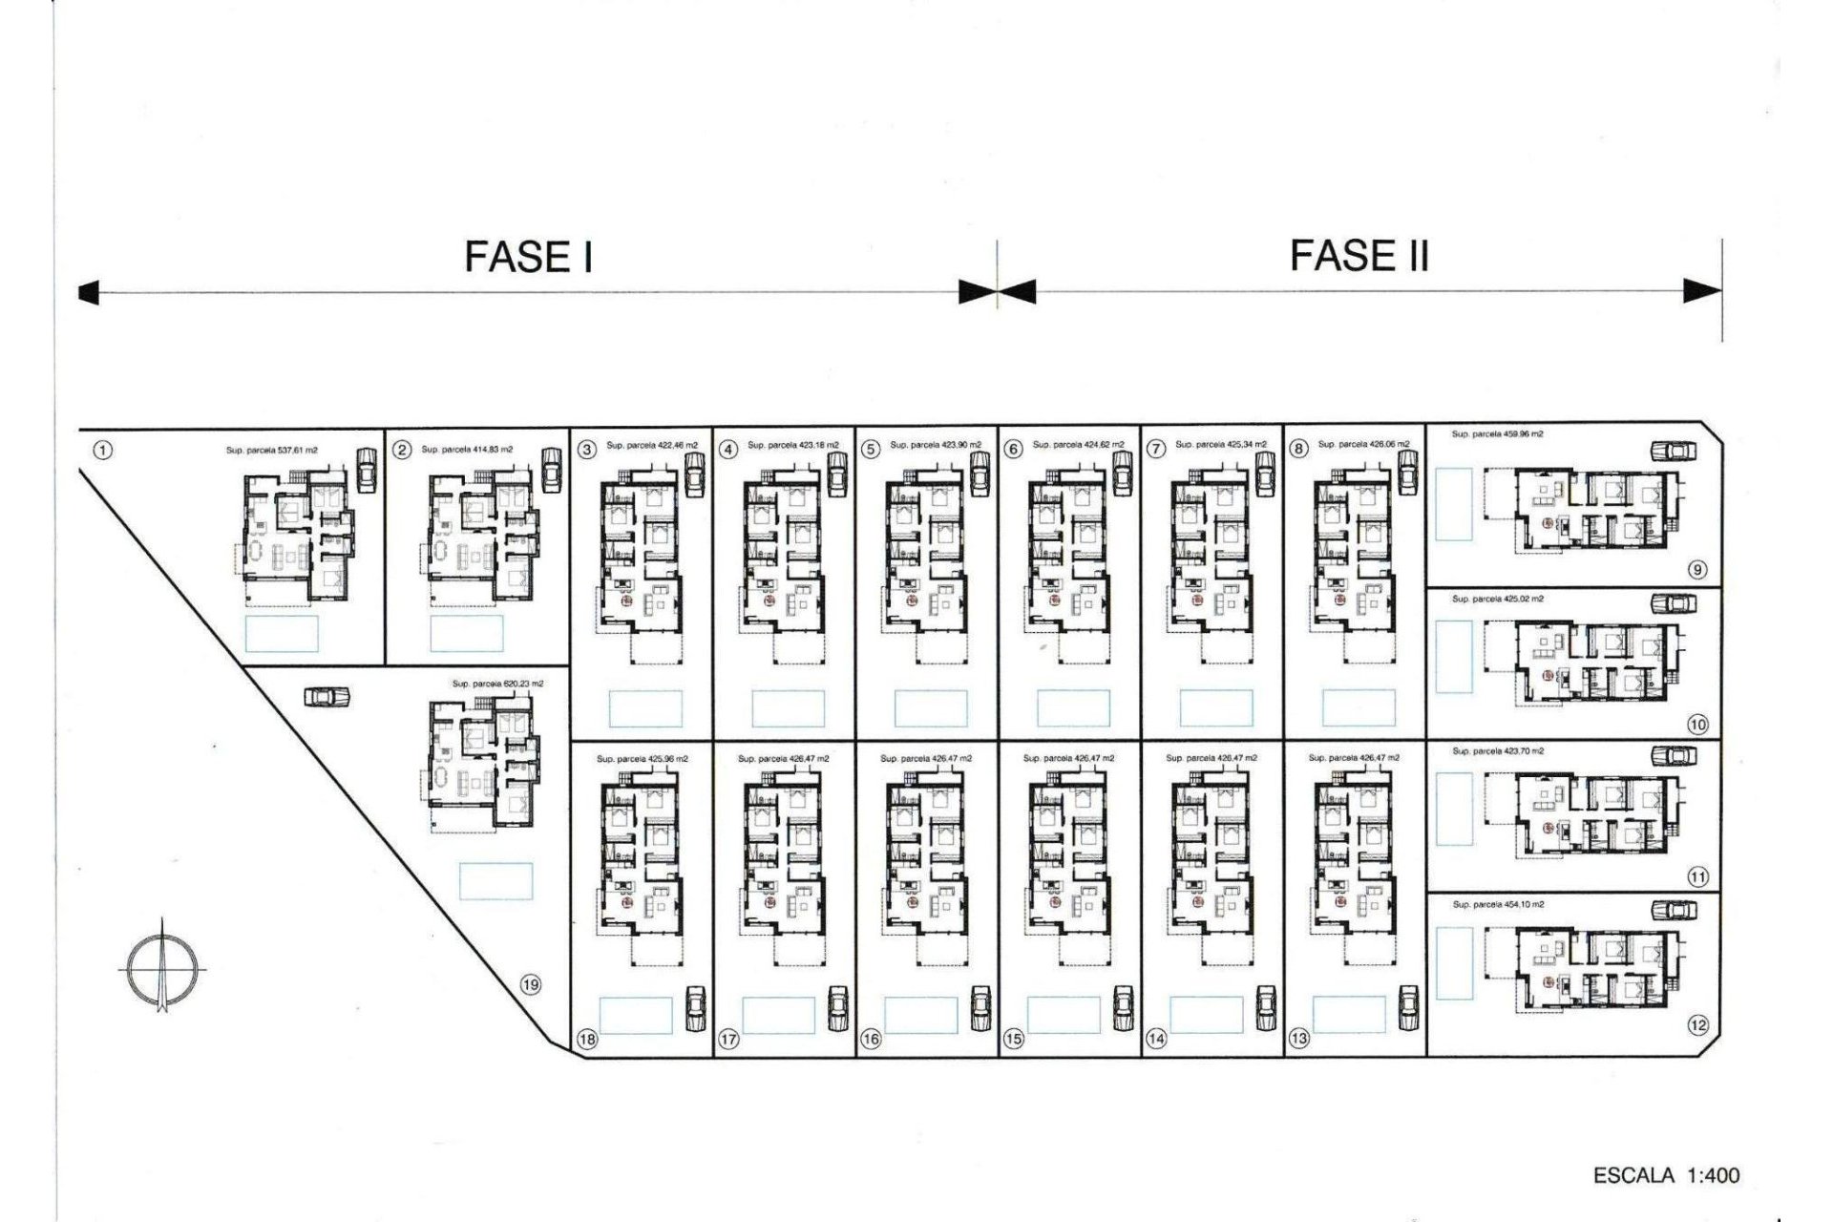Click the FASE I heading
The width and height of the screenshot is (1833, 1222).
click(x=528, y=257)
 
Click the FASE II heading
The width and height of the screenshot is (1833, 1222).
click(x=1359, y=256)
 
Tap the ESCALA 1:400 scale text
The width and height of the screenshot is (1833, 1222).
click(x=1666, y=1174)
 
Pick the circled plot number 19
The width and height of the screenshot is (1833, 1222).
click(x=531, y=985)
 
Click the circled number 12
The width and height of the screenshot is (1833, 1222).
click(x=1697, y=1025)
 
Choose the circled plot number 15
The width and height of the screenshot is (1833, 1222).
click(x=1013, y=1040)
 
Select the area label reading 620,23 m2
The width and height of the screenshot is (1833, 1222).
click(x=497, y=684)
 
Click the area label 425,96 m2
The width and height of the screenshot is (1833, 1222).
click(x=642, y=759)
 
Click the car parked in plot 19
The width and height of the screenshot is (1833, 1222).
click(x=327, y=698)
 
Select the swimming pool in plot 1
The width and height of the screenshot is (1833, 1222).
click(x=282, y=633)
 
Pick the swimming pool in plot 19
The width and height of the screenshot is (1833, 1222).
click(x=495, y=881)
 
